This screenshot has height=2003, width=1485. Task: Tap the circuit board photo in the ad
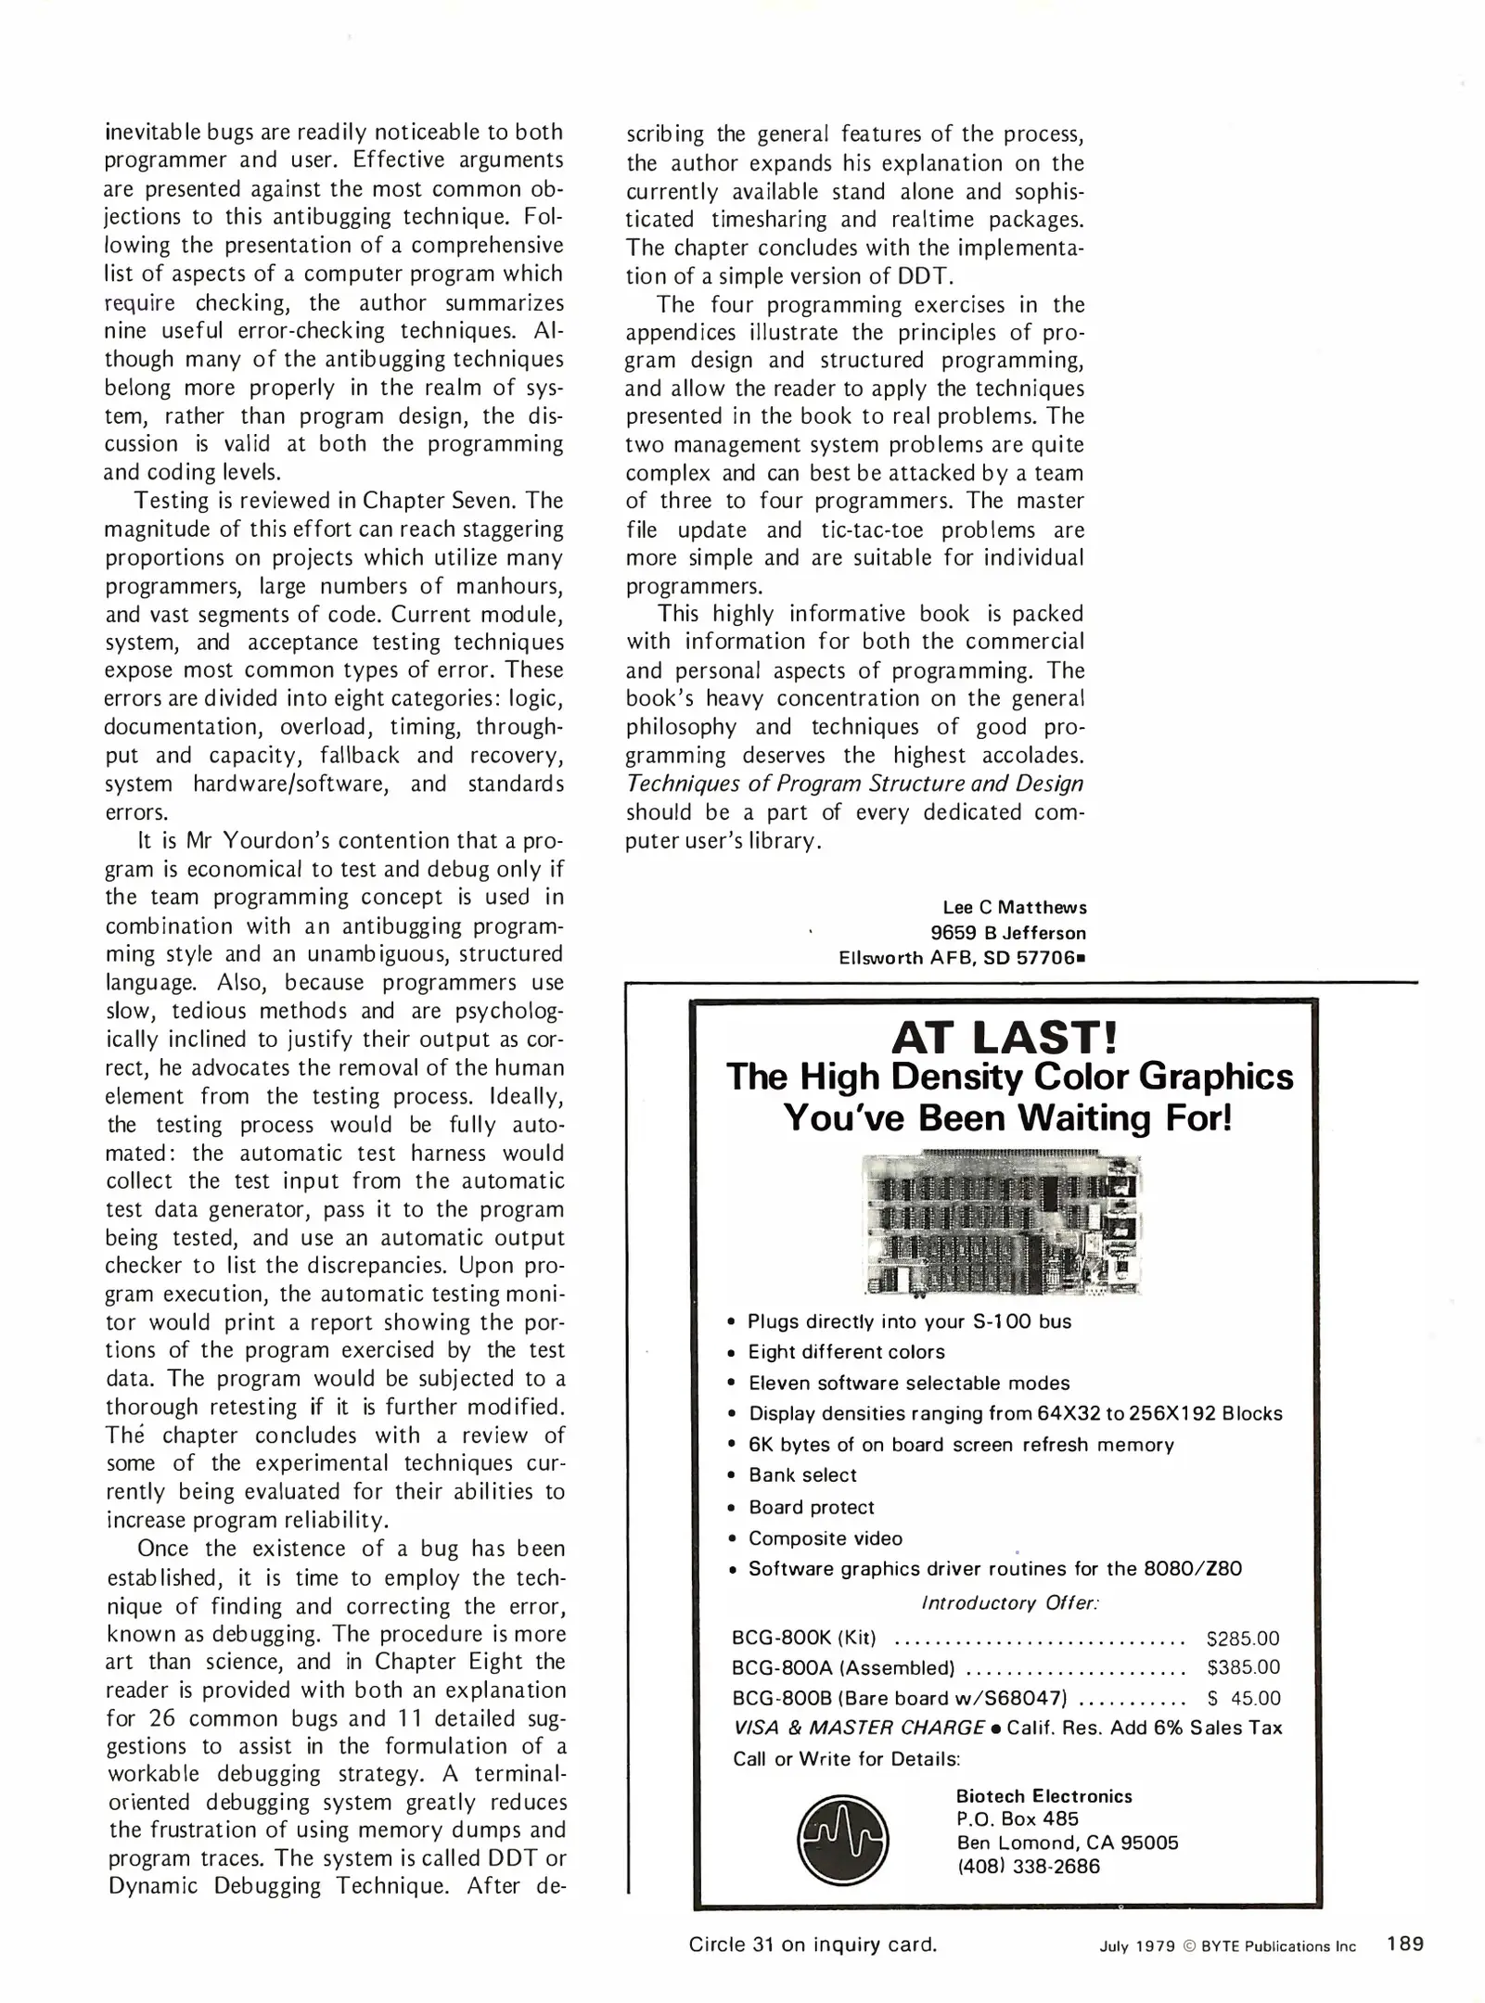pyautogui.click(x=1002, y=1223)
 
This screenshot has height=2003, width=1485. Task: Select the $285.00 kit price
pyautogui.click(x=1242, y=1639)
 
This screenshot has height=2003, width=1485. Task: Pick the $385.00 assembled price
pyautogui.click(x=1242, y=1667)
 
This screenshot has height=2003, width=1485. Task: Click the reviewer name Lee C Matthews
pyautogui.click(x=1014, y=907)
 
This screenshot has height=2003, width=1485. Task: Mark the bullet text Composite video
pyautogui.click(x=825, y=1537)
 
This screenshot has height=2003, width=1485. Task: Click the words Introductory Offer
pyautogui.click(x=1009, y=1602)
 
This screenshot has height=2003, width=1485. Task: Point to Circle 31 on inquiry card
pyautogui.click(x=813, y=1945)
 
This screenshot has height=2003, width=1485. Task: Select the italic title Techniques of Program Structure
pyautogui.click(x=853, y=784)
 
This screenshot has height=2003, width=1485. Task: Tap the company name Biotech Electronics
pyautogui.click(x=1043, y=1795)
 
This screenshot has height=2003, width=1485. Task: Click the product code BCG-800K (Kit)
pyautogui.click(x=803, y=1639)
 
